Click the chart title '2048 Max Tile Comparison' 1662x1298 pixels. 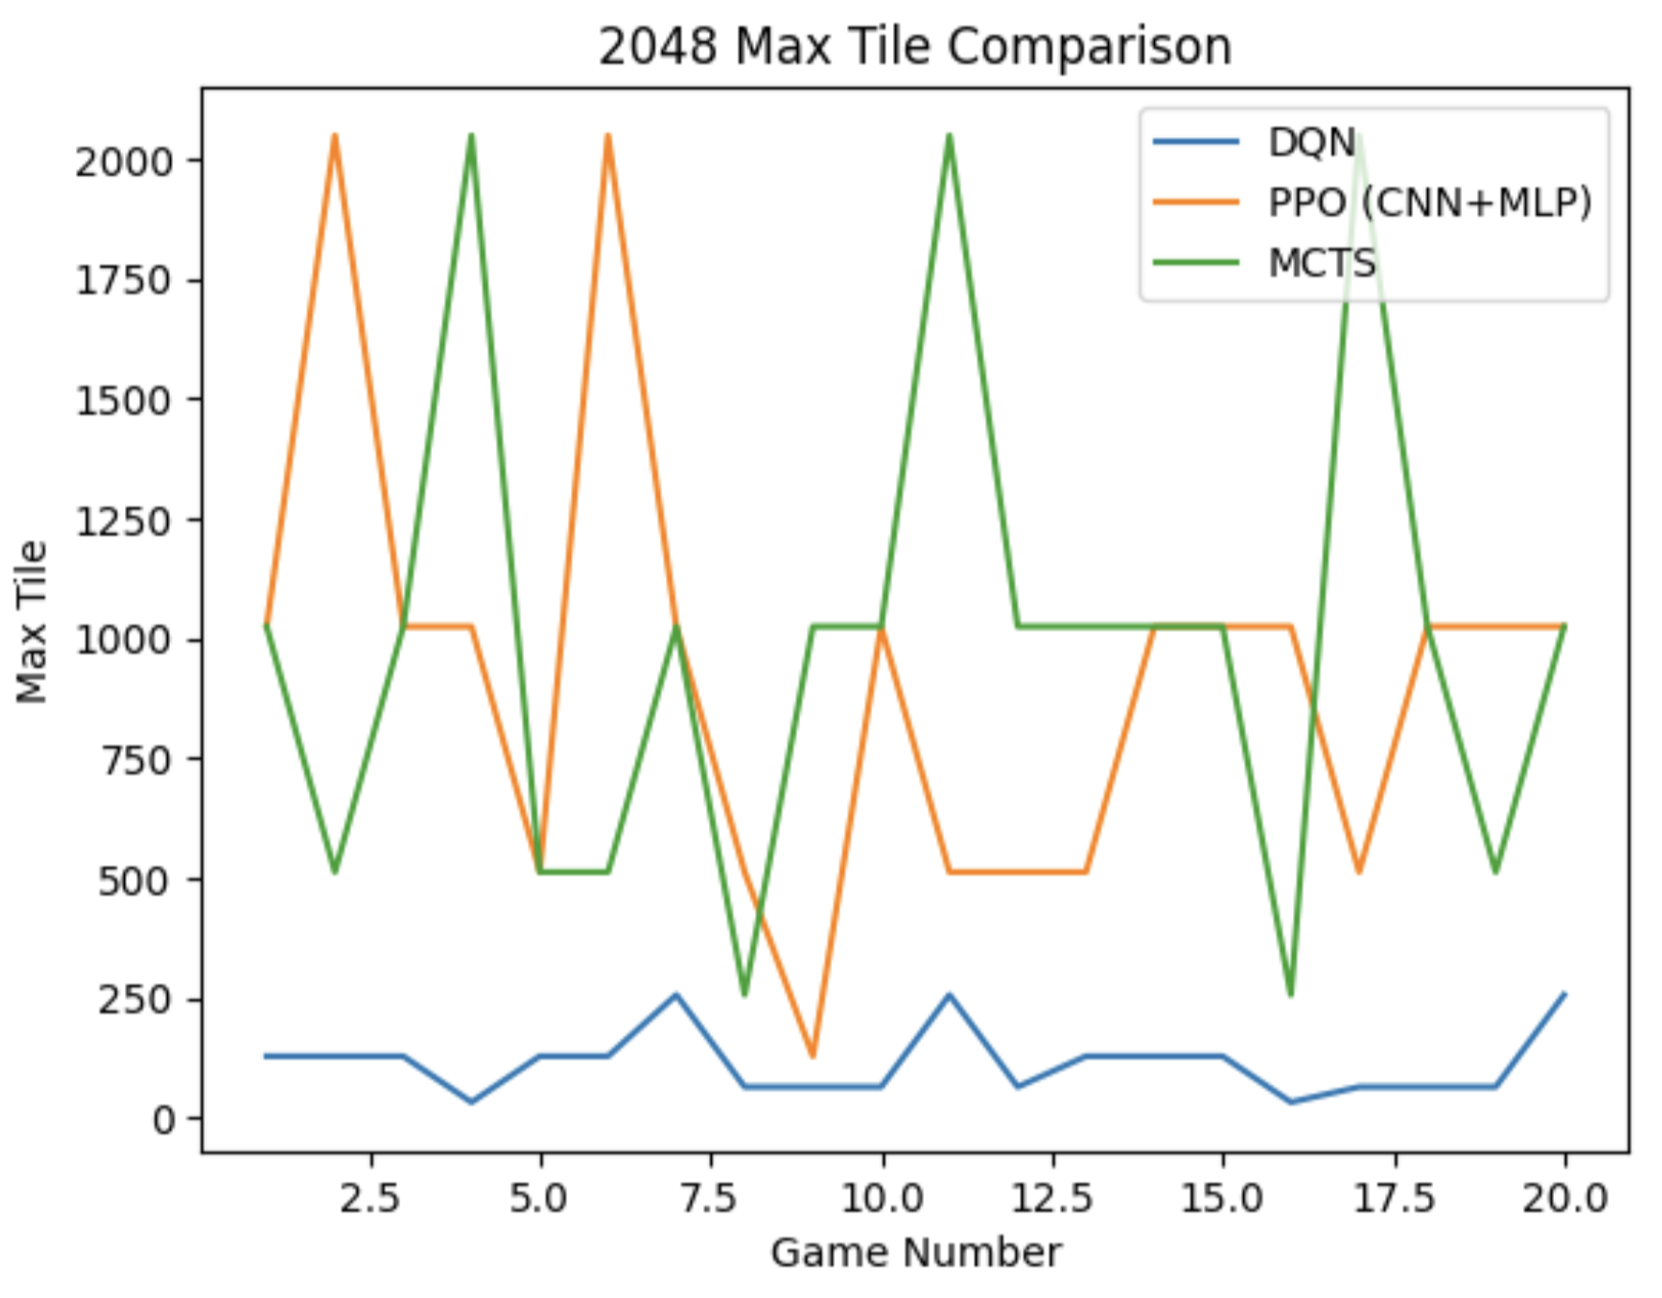pyautogui.click(x=915, y=47)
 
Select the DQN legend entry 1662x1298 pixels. pyautogui.click(x=1311, y=143)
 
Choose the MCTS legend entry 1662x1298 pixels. pyautogui.click(x=1321, y=263)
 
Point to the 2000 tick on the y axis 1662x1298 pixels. pyautogui.click(x=125, y=162)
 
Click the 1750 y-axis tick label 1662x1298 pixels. pyautogui.click(x=125, y=281)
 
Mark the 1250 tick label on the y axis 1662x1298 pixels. pyautogui.click(x=125, y=520)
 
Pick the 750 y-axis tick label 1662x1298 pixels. pyautogui.click(x=136, y=760)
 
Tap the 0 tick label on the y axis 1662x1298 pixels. pyautogui.click(x=164, y=1120)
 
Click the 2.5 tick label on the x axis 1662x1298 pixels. pyautogui.click(x=370, y=1198)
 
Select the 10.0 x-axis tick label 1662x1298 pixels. pyautogui.click(x=882, y=1198)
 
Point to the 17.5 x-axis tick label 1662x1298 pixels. pyautogui.click(x=1393, y=1198)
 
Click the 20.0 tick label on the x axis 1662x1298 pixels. pyautogui.click(x=1564, y=1198)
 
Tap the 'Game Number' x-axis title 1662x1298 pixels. pyautogui.click(x=916, y=1253)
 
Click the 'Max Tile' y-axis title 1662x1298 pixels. pyautogui.click(x=32, y=621)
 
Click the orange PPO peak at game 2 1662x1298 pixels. pyautogui.click(x=334, y=136)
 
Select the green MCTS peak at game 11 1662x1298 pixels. pyautogui.click(x=949, y=136)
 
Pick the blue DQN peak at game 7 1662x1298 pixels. pyautogui.click(x=676, y=995)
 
